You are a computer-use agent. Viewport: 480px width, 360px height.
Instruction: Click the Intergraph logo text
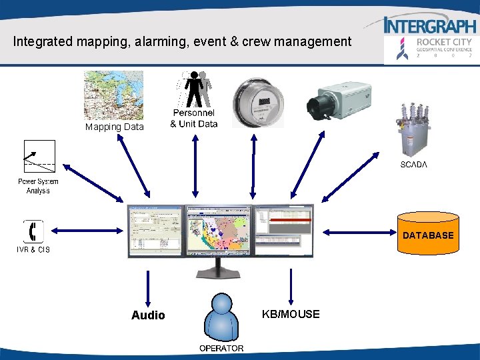(x=431, y=25)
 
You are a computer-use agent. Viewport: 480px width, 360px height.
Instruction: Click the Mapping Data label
(x=114, y=127)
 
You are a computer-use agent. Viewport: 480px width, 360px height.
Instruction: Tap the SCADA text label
(x=413, y=165)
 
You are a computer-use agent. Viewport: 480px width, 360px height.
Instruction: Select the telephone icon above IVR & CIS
(x=33, y=231)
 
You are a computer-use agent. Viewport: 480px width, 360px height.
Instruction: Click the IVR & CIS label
(x=33, y=250)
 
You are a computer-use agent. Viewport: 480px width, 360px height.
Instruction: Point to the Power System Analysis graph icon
(x=39, y=158)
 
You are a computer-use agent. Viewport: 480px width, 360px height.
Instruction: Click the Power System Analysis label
(x=38, y=186)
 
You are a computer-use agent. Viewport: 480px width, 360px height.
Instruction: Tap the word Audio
(x=148, y=315)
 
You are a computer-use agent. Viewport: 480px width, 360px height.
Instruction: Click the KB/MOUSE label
(x=291, y=314)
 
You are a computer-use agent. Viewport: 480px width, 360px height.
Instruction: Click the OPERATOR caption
(x=221, y=348)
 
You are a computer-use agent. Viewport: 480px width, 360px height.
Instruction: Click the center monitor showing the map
(x=219, y=231)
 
